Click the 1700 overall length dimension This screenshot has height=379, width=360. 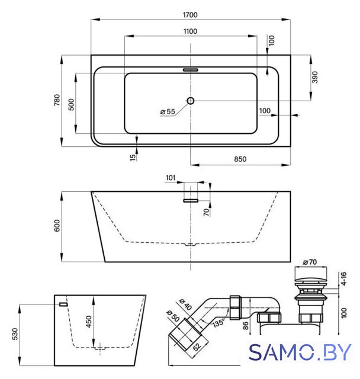click(190, 15)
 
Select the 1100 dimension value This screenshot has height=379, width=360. click(190, 31)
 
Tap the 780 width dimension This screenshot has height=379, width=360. click(57, 100)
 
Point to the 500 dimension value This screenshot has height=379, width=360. click(71, 104)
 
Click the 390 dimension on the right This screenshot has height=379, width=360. click(314, 77)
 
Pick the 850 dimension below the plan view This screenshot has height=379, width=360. click(240, 159)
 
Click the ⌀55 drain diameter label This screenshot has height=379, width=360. click(168, 111)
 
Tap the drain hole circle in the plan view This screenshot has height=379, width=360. click(191, 101)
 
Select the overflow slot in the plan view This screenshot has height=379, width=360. click(191, 70)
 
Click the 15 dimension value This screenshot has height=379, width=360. click(133, 158)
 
